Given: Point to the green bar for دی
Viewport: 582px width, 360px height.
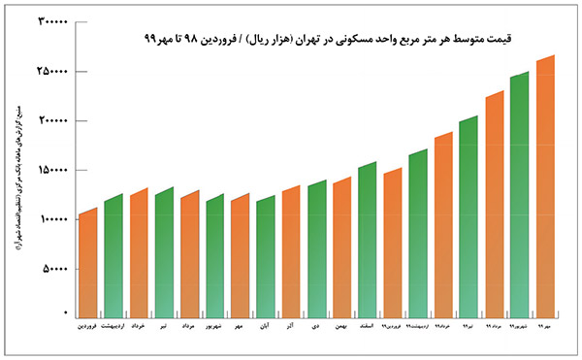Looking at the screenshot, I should [316, 251].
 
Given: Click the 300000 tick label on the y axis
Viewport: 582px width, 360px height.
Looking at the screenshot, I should [51, 22].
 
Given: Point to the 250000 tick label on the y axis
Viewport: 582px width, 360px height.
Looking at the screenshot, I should [51, 72].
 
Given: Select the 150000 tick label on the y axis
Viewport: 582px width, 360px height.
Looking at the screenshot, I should [51, 170].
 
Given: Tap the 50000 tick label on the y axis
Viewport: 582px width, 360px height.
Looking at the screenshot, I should [54, 268].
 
